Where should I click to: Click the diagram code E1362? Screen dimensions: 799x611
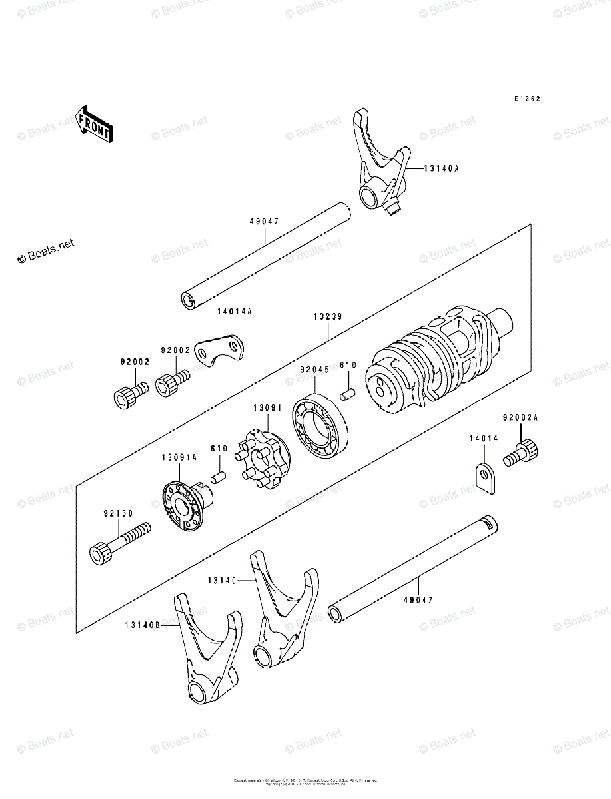(x=526, y=99)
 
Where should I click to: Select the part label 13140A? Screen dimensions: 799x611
(x=441, y=168)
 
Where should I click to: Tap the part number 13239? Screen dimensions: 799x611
(x=328, y=317)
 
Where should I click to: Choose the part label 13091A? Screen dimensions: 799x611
(x=179, y=457)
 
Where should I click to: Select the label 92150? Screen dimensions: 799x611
(x=118, y=513)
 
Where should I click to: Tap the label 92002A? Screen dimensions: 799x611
(x=519, y=418)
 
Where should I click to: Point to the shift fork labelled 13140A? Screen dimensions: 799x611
(x=380, y=166)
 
